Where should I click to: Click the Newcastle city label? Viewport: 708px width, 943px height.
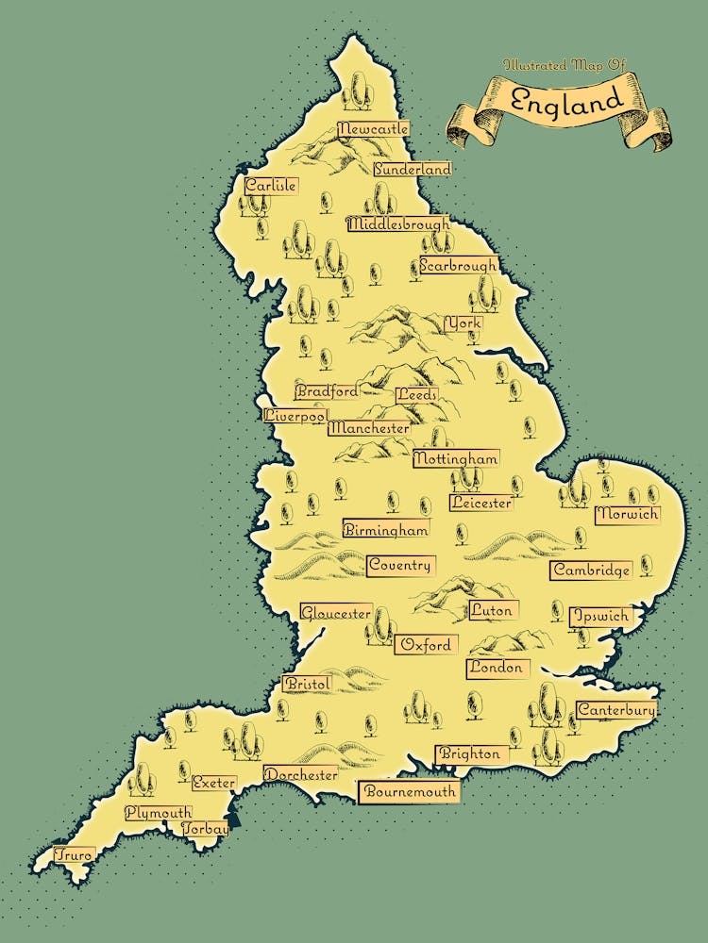373,128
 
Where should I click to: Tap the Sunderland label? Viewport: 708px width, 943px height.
413,170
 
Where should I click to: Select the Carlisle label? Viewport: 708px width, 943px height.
271,186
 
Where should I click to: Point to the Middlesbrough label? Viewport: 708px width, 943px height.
398,224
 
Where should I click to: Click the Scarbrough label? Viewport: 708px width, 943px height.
458,266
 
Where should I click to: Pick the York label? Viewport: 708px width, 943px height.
464,323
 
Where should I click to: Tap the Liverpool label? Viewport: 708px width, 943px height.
295,415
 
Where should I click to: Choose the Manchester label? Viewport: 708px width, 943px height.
369,428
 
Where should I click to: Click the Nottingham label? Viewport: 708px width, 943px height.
456,458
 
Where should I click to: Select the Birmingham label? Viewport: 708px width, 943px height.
386,530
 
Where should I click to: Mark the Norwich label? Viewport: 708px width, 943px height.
627,515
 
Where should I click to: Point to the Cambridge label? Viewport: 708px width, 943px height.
591,571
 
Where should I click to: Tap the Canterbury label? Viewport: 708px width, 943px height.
615,709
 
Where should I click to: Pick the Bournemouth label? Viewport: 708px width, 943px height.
409,791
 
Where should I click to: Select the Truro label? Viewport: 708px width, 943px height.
74,855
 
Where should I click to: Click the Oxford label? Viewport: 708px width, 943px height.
427,645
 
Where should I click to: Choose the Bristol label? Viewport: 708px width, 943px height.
307,683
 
